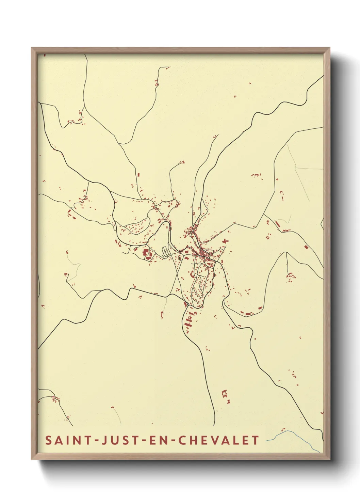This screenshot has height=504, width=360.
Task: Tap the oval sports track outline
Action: click(x=166, y=252)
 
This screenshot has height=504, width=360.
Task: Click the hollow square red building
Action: click(x=224, y=394)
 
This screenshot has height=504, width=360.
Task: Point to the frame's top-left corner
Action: click(x=32, y=48)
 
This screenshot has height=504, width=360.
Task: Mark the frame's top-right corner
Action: click(x=330, y=48)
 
